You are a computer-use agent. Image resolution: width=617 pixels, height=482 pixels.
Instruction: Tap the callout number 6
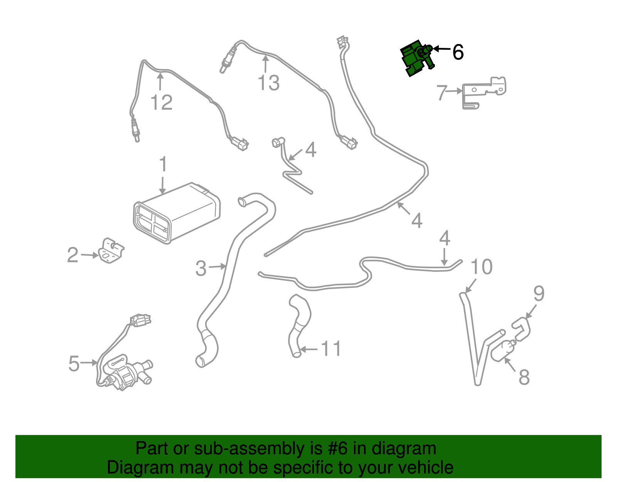(x=458, y=52)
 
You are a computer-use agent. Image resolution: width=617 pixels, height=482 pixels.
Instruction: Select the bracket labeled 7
(x=484, y=92)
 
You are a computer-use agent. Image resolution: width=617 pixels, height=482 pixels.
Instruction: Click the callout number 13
(x=268, y=83)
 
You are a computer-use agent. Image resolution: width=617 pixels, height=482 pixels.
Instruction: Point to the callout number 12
(x=161, y=103)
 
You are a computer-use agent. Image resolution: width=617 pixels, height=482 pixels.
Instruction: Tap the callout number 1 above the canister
(x=163, y=164)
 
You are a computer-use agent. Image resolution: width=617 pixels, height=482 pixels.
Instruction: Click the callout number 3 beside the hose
(x=201, y=269)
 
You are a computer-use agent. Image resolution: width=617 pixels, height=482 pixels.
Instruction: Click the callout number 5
(x=74, y=364)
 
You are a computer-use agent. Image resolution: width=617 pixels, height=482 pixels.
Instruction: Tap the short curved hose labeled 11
(x=300, y=324)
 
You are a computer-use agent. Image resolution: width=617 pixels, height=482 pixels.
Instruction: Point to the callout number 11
(x=331, y=349)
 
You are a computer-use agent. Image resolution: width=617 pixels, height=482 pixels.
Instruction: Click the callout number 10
(x=482, y=267)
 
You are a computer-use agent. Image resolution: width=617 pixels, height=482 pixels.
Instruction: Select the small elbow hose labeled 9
(x=522, y=329)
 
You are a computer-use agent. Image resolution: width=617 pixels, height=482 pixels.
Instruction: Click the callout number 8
(x=524, y=377)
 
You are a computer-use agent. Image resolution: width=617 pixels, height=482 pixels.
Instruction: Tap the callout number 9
(x=539, y=294)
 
